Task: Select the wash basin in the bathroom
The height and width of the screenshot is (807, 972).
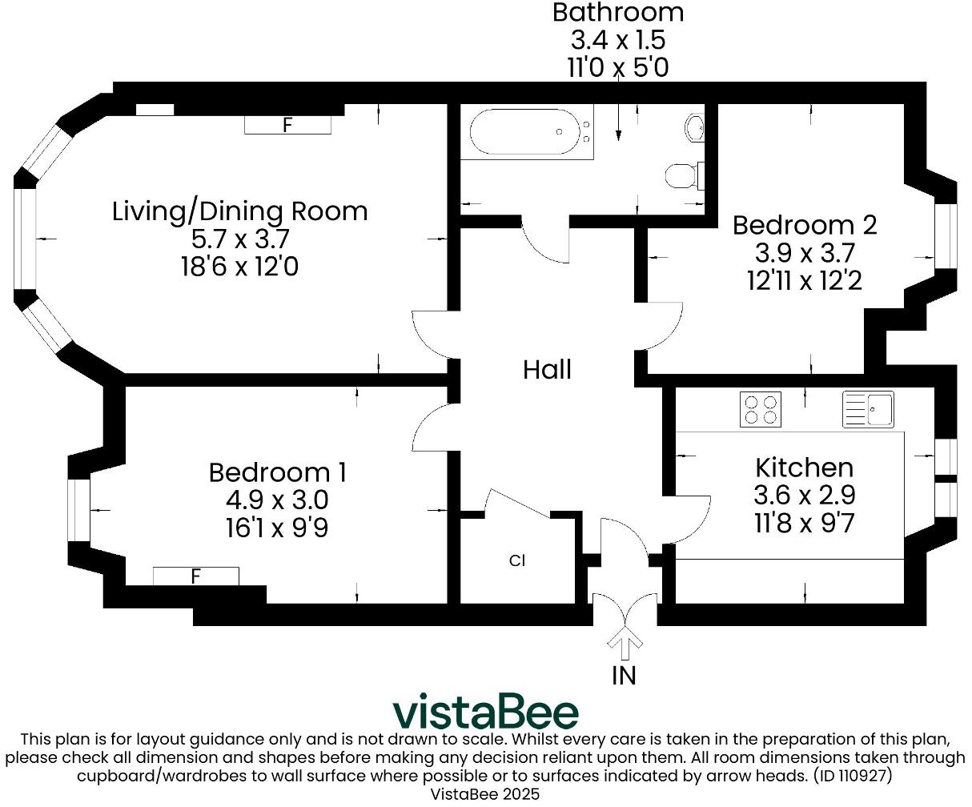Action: point(695,126)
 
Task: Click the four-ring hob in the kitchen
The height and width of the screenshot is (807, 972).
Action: point(760,409)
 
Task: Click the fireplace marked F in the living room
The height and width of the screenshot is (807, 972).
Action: point(287,125)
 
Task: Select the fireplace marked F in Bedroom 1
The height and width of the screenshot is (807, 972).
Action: point(195,576)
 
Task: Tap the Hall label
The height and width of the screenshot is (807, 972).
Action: point(547,370)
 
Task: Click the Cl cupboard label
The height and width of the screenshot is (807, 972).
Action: point(517,560)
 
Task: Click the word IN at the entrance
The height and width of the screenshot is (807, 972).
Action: point(624,676)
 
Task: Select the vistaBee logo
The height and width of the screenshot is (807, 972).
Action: point(485,712)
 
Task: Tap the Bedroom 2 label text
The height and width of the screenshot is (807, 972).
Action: point(805,225)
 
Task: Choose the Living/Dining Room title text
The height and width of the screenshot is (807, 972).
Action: point(239,211)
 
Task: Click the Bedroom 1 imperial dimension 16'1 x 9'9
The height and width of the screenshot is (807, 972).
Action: point(277,528)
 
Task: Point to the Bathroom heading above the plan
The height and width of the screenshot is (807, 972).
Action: point(617,13)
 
